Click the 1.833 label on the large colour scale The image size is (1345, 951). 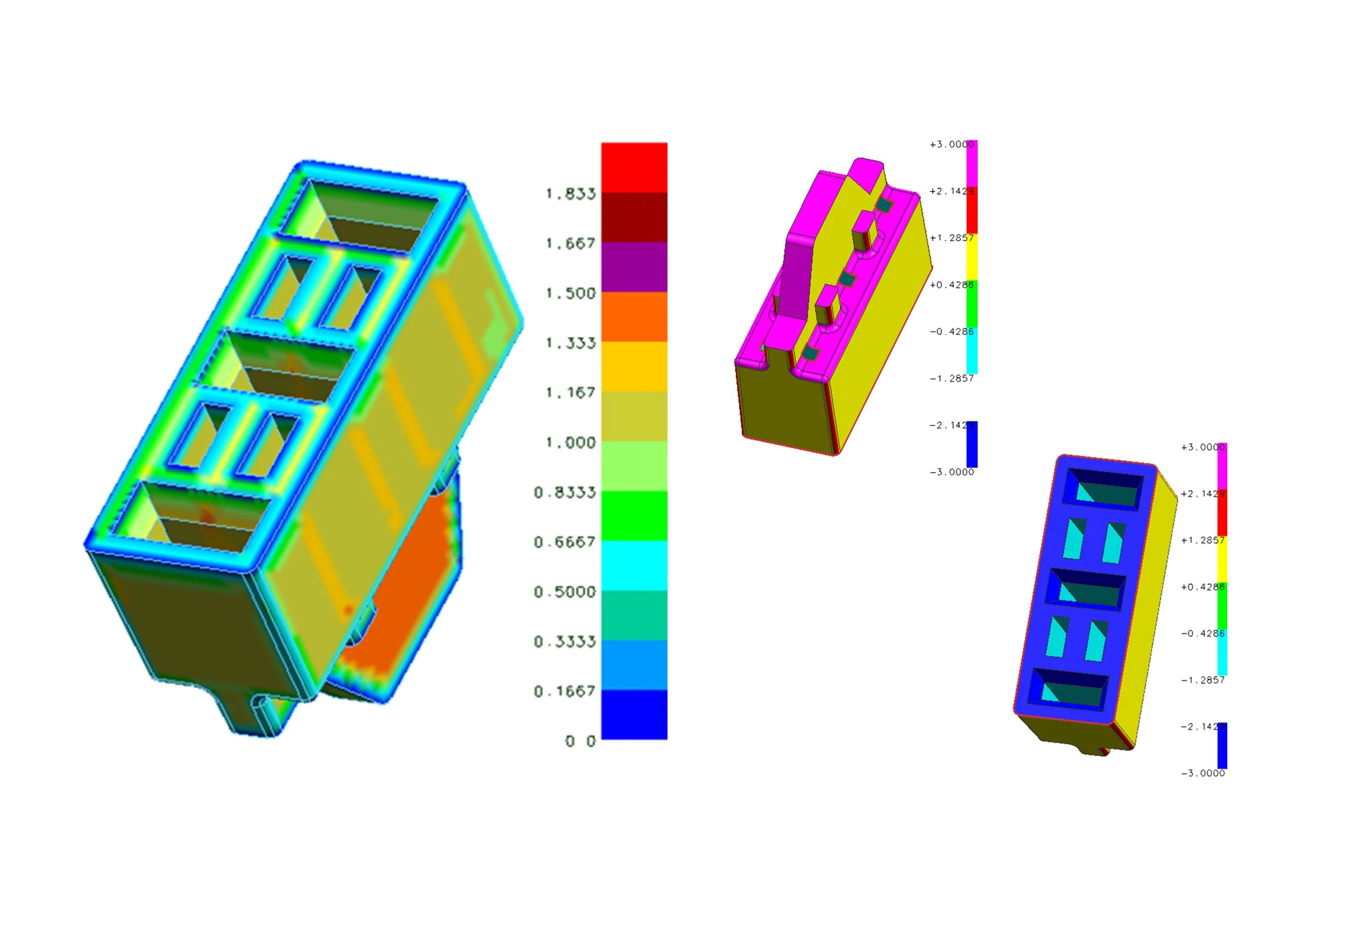[x=569, y=193]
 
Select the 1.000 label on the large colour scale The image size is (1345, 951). [x=569, y=442]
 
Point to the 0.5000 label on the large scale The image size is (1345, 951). [x=564, y=592]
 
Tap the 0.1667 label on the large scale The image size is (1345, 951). [x=564, y=692]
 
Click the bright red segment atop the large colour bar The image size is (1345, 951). [x=634, y=167]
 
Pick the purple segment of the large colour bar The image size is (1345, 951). [x=634, y=267]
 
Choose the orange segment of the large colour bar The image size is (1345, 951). [x=634, y=316]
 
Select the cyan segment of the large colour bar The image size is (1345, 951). [x=634, y=566]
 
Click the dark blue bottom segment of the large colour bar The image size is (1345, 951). [x=634, y=714]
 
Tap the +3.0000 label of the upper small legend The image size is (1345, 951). [x=951, y=144]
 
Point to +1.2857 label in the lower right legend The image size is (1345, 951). [x=1202, y=540]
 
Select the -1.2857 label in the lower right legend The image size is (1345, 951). [x=1202, y=680]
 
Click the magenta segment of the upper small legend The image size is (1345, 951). [x=972, y=164]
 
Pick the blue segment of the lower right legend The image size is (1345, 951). [x=1222, y=745]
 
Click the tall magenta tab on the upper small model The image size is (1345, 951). [x=796, y=276]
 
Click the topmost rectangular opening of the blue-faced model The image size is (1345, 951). [x=1101, y=488]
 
